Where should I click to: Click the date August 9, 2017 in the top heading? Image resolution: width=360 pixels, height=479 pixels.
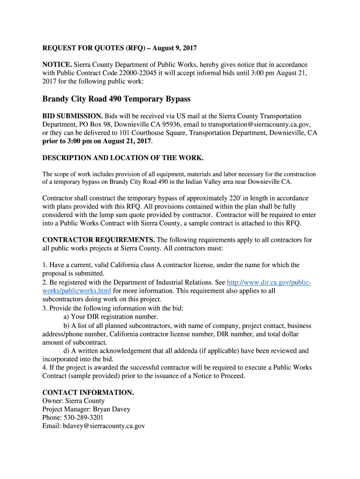174,48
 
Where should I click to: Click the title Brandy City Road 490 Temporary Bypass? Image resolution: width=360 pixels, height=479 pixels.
116,99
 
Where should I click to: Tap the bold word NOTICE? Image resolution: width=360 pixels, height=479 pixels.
57,65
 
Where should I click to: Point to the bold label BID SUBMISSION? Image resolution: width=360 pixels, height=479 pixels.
72,116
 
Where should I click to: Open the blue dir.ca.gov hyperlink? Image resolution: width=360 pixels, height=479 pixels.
268,283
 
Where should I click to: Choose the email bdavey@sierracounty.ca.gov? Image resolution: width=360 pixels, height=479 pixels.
104,426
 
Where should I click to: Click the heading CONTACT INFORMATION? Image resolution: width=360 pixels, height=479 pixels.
88,392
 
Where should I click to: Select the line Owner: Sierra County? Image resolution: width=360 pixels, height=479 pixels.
73,401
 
